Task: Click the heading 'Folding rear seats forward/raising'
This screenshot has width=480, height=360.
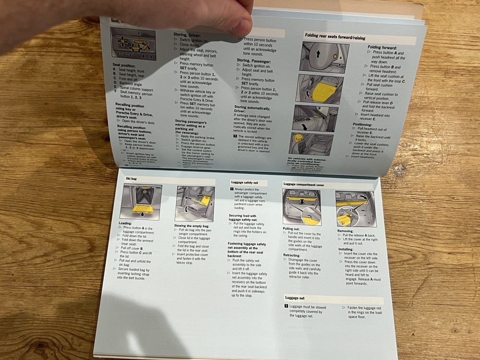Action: pyautogui.click(x=339, y=35)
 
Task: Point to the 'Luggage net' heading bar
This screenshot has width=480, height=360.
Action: pyautogui.click(x=296, y=298)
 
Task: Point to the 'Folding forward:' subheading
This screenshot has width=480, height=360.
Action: pyautogui.click(x=382, y=47)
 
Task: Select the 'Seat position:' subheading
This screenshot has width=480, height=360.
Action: pyautogui.click(x=124, y=65)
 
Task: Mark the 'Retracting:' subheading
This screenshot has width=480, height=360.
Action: pyautogui.click(x=292, y=255)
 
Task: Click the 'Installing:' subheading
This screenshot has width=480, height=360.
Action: pyautogui.click(x=346, y=249)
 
